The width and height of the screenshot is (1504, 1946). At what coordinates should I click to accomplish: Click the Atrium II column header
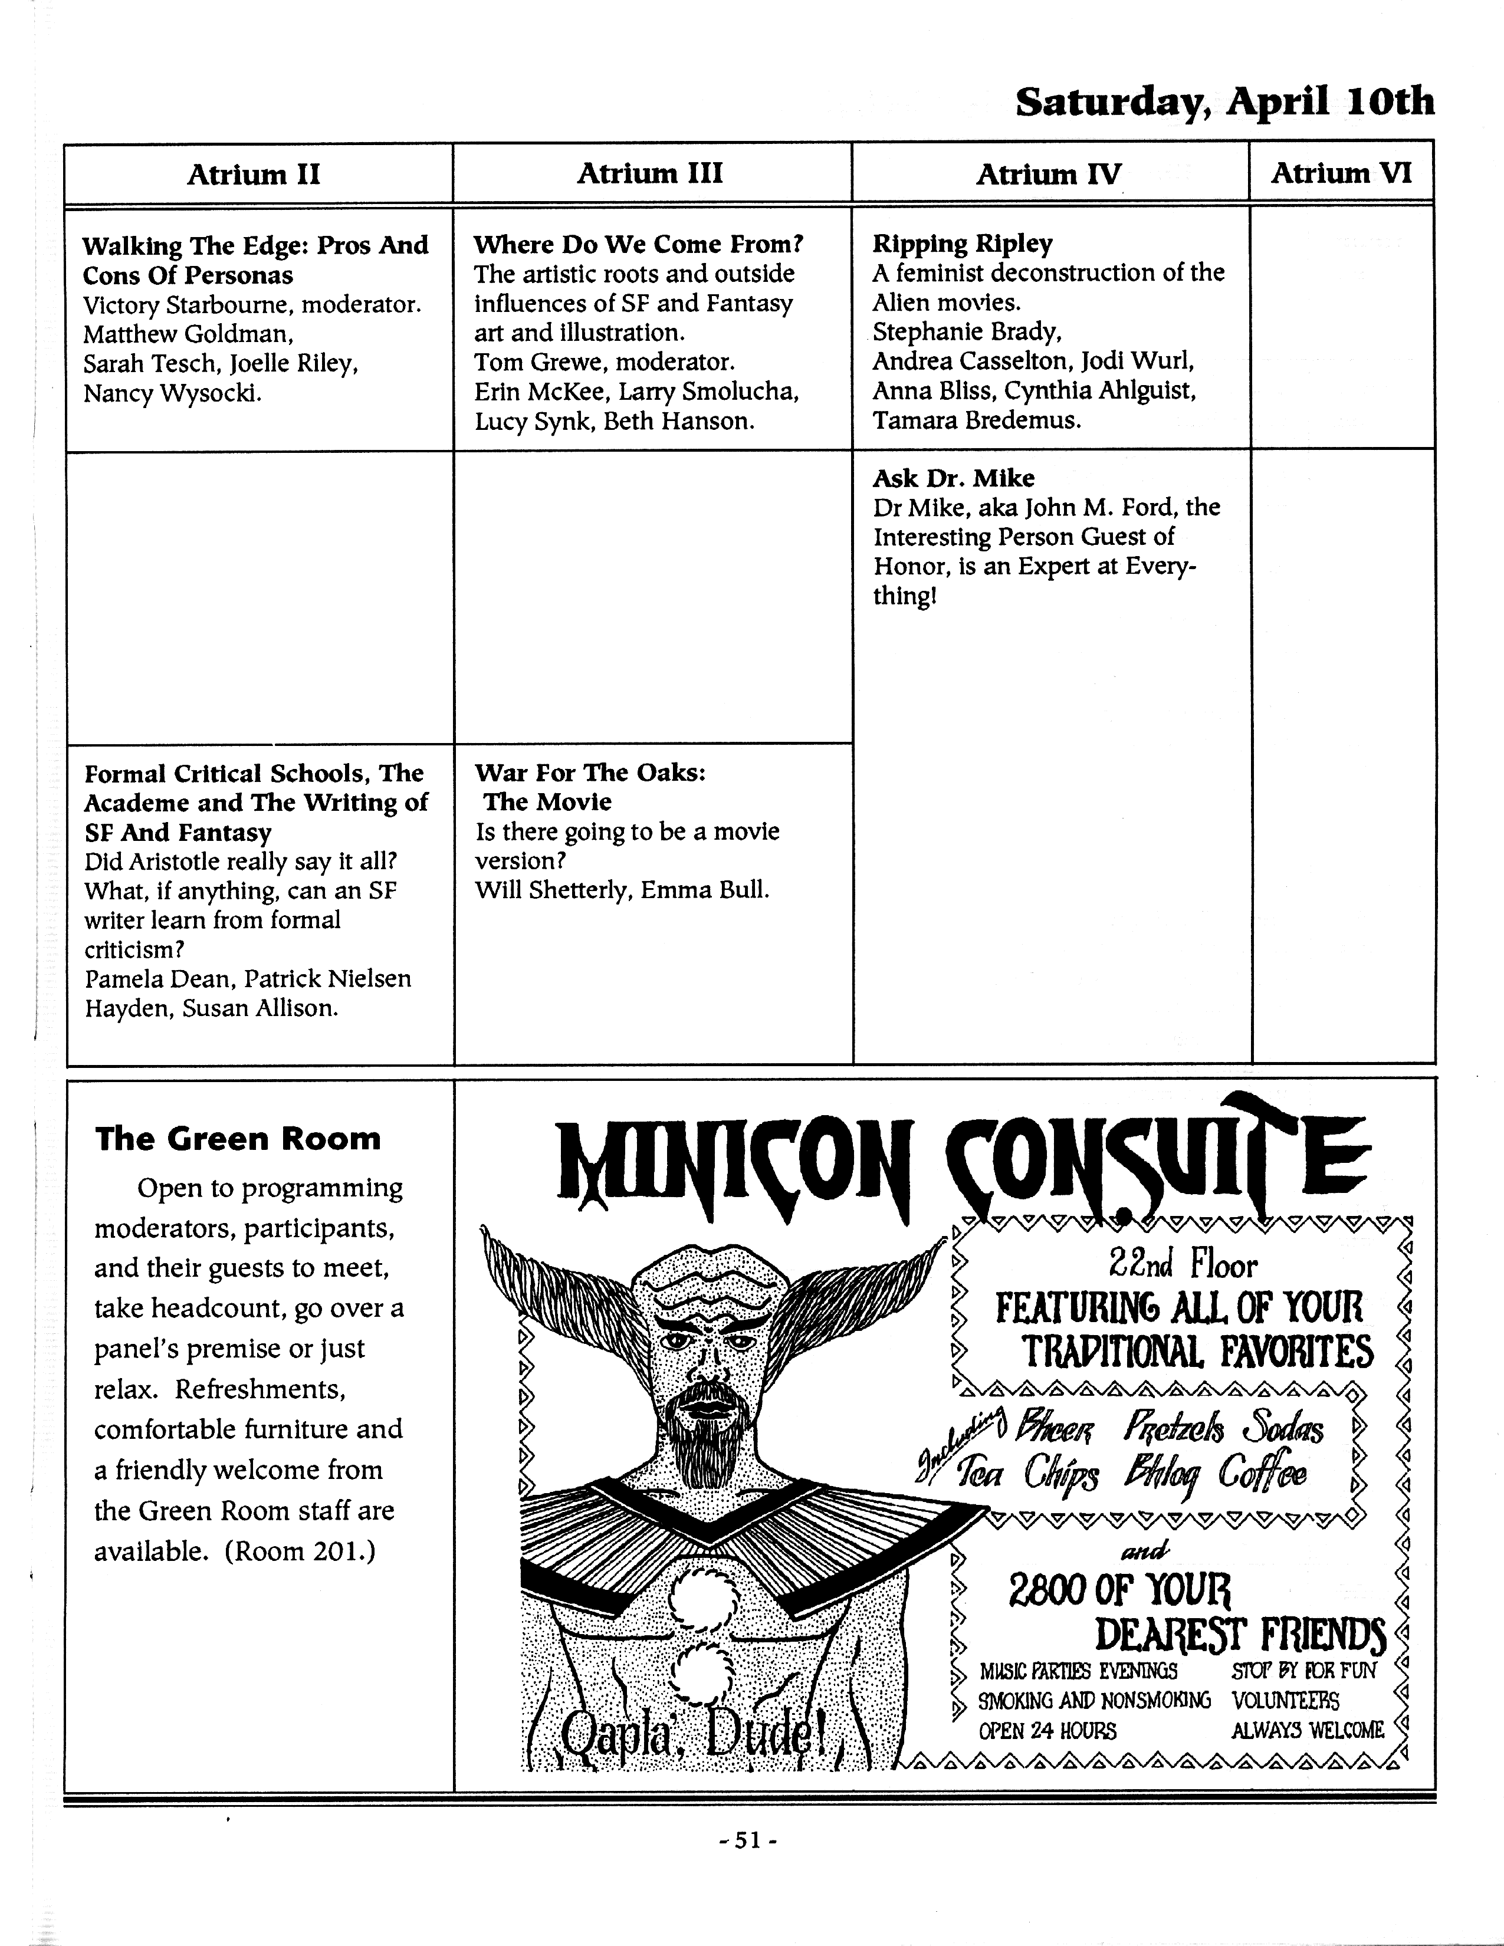pos(254,175)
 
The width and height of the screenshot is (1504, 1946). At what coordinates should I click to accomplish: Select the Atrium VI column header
pos(1341,173)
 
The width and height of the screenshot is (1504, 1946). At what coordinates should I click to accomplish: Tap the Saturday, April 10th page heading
pos(1225,103)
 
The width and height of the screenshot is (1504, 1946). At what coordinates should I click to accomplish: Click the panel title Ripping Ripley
pos(963,243)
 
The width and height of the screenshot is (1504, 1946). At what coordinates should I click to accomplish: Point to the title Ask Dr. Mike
pos(953,478)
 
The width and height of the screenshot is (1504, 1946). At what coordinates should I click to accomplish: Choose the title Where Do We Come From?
pos(639,244)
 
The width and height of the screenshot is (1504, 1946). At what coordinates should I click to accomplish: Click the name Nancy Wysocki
pos(173,393)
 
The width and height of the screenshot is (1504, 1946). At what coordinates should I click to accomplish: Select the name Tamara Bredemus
pos(977,420)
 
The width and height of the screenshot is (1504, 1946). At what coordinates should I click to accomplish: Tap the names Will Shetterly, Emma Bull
pos(622,890)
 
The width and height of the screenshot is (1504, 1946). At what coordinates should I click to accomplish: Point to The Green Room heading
pos(238,1139)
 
